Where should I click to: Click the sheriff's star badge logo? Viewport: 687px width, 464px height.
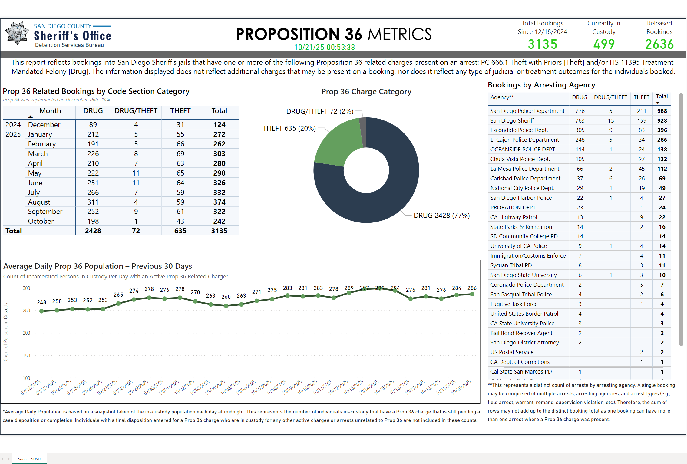[17, 34]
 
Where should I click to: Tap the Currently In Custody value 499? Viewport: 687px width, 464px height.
[604, 44]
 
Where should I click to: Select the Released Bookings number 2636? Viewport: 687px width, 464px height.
[659, 44]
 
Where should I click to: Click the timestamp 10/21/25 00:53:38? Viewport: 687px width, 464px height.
[324, 48]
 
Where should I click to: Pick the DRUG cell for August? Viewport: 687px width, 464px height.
[93, 202]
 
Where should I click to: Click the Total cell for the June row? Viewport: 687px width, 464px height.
[219, 183]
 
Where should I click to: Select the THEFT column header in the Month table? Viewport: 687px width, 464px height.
[180, 111]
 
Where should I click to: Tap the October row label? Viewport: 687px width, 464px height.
[41, 221]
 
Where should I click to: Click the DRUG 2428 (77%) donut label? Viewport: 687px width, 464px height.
[441, 216]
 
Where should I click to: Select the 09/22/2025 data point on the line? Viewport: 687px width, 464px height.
[42, 311]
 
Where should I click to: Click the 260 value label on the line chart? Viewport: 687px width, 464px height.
[226, 297]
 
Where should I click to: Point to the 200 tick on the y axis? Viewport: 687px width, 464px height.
[26, 333]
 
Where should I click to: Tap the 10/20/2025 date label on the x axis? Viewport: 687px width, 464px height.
[461, 387]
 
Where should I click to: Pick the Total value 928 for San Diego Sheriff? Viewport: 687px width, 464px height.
[662, 121]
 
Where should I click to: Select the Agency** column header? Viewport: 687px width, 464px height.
[502, 97]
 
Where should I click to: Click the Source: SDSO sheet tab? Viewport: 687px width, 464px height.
[29, 459]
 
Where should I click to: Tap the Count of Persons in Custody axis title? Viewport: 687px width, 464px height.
[6, 332]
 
